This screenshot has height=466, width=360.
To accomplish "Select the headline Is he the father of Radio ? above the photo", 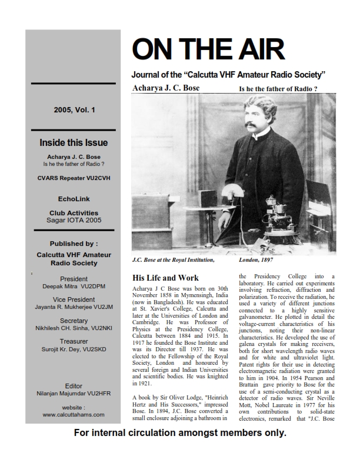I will click(278, 89).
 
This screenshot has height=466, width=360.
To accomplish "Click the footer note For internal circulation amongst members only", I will click(179, 450).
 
